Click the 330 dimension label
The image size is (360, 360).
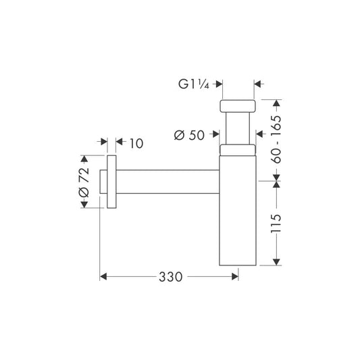pyautogui.click(x=171, y=277)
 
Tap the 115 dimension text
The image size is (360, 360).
pyautogui.click(x=276, y=224)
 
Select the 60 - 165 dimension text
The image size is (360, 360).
pyautogui.click(x=276, y=139)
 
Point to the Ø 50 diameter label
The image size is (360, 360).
pyautogui.click(x=189, y=135)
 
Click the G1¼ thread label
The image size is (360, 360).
pyautogui.click(x=194, y=84)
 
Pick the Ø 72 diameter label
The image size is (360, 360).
pyautogui.click(x=84, y=182)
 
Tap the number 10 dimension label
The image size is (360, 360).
pyautogui.click(x=136, y=143)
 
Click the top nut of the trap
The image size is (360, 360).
pyautogui.click(x=237, y=106)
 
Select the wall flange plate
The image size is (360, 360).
pyautogui.click(x=111, y=182)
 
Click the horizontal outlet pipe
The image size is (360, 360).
pyautogui.click(x=168, y=182)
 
